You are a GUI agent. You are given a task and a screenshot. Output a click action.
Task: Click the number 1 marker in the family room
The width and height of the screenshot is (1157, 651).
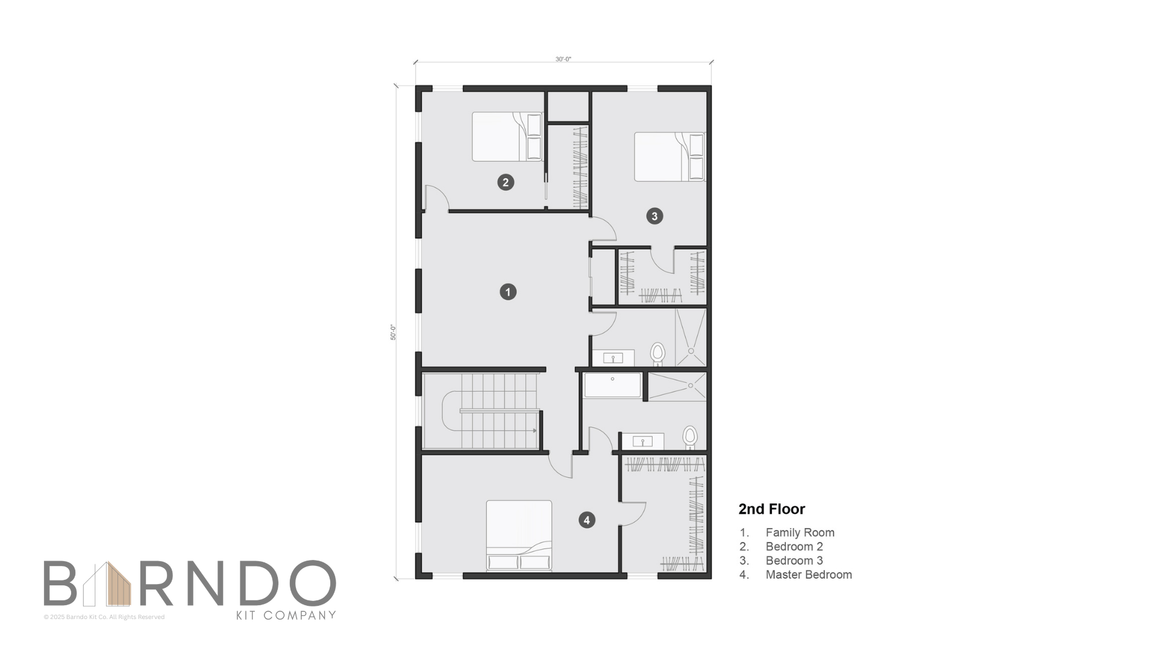(508, 292)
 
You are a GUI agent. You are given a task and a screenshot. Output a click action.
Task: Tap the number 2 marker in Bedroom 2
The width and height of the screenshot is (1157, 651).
(506, 182)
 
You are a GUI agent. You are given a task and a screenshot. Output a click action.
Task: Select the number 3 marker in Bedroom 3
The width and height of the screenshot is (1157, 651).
(654, 216)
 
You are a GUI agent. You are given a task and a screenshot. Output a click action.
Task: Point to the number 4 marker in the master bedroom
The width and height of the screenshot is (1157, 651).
(587, 520)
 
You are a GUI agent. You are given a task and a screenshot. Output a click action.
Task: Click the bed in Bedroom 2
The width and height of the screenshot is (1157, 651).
(507, 137)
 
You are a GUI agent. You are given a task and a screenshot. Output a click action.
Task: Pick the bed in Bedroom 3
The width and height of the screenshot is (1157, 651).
(669, 157)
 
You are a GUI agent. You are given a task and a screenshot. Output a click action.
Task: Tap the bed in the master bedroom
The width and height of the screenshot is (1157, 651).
(519, 535)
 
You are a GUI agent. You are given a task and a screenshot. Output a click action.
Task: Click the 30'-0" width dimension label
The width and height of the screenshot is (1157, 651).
(563, 59)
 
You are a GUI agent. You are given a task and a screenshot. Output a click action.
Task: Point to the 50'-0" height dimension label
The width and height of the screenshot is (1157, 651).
(393, 332)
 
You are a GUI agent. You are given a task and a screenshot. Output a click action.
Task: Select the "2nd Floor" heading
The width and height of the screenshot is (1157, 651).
(772, 509)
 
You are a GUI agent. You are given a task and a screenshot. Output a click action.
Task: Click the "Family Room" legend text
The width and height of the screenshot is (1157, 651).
(800, 532)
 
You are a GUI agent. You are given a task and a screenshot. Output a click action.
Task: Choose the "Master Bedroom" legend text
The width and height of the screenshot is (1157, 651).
(809, 574)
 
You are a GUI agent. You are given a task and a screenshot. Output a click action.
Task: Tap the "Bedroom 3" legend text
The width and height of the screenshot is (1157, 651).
(794, 561)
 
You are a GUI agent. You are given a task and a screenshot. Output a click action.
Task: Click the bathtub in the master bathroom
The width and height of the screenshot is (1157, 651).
(612, 385)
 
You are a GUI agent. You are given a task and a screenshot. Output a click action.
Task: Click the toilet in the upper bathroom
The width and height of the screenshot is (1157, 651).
(657, 354)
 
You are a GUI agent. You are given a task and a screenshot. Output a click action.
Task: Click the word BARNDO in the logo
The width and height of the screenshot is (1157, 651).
(189, 583)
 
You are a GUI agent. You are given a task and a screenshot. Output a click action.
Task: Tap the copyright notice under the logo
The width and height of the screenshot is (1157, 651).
(104, 617)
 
